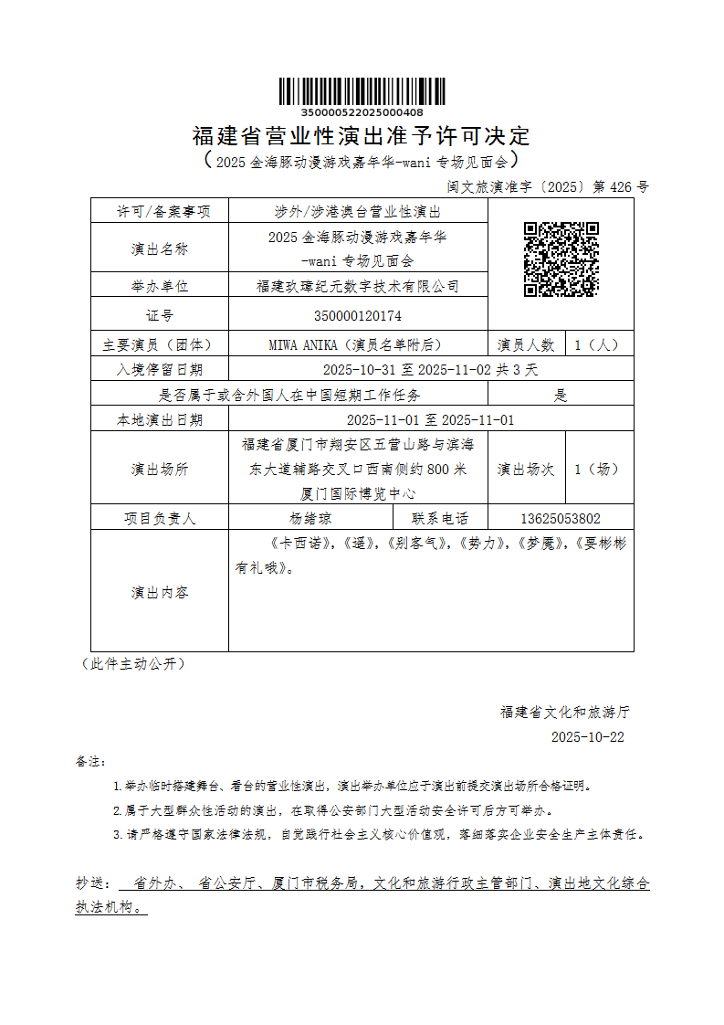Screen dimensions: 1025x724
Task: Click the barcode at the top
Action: tap(362, 92)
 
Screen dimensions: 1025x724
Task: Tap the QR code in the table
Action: tap(561, 259)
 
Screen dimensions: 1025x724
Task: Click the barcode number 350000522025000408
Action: tap(362, 112)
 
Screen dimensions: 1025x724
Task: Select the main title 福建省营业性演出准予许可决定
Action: tap(362, 137)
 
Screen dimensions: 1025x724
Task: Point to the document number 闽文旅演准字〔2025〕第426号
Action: tap(548, 187)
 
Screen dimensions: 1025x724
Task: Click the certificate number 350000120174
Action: tap(357, 316)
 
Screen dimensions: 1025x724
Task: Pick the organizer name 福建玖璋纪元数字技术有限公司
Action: tap(357, 286)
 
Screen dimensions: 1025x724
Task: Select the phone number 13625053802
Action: tap(561, 518)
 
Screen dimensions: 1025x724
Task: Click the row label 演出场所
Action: tap(160, 470)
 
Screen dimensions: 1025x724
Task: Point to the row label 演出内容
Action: tap(160, 592)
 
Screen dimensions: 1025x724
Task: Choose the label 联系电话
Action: tap(440, 518)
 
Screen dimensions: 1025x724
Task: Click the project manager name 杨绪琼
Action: tap(310, 518)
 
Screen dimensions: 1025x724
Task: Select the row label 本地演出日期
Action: tap(160, 420)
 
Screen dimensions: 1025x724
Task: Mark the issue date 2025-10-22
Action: tap(588, 737)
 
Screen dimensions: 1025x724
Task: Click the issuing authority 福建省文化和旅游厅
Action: tap(564, 712)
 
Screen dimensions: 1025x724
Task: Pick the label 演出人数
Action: tap(526, 345)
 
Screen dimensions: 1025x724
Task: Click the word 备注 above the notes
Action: tap(90, 761)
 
